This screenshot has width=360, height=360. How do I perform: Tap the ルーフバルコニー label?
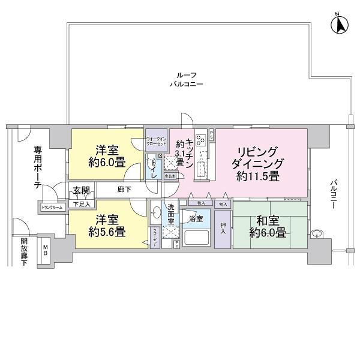point(186,80)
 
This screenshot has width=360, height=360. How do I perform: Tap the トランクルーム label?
point(52,208)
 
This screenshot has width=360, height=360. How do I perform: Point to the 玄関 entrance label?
point(82,191)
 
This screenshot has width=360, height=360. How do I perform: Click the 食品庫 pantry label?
point(170,176)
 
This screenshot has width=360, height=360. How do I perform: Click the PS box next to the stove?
point(212,136)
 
